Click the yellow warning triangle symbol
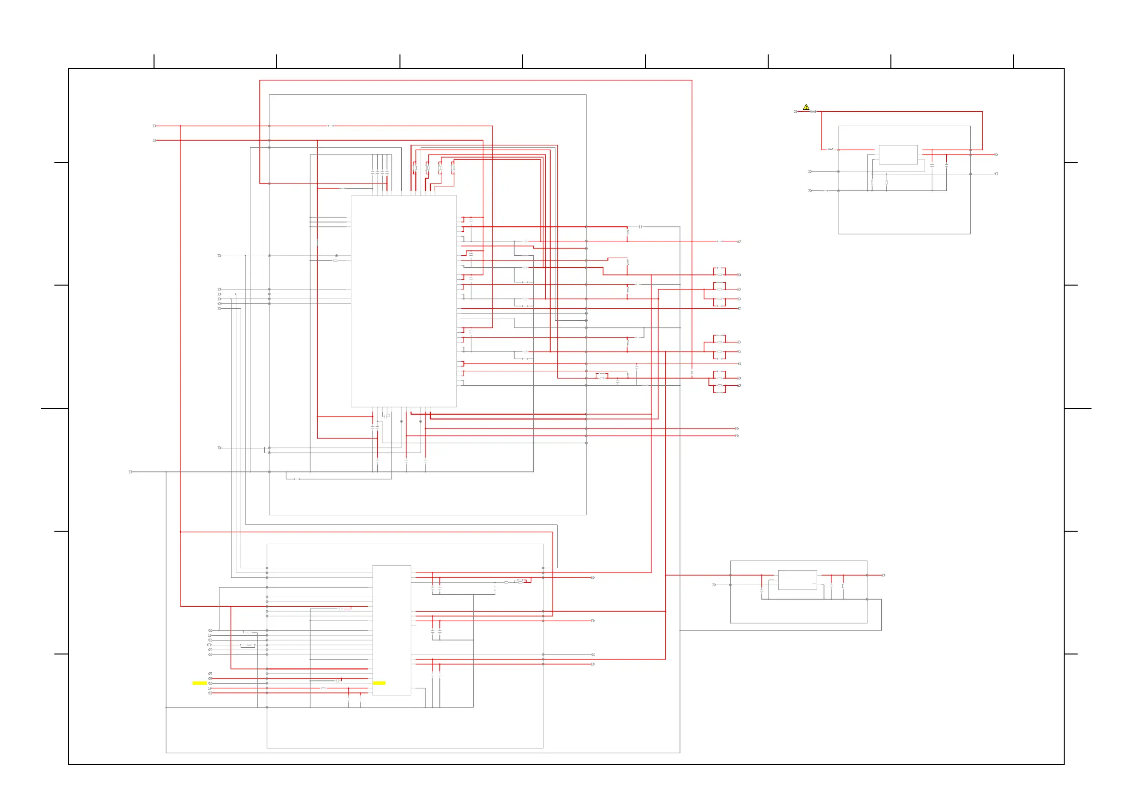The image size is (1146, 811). tap(806, 107)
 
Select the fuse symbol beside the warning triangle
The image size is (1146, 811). tap(813, 111)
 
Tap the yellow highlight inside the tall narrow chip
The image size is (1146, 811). tap(379, 683)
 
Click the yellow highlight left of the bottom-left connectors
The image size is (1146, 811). tap(200, 683)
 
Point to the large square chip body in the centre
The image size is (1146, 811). tap(403, 301)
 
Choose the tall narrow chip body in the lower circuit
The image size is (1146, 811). tap(392, 630)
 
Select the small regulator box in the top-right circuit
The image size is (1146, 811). tap(898, 155)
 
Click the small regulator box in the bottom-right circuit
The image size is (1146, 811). tap(798, 580)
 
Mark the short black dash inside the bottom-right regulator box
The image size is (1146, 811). tap(814, 584)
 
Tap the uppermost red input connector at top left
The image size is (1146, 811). tap(155, 126)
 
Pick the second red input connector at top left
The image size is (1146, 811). tap(155, 140)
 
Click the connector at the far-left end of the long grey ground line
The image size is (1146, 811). tap(131, 471)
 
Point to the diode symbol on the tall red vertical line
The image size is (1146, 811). tap(692, 373)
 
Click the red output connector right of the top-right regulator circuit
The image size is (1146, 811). tap(996, 155)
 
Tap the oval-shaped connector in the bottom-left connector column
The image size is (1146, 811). tap(210, 645)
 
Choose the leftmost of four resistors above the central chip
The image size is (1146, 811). tap(415, 168)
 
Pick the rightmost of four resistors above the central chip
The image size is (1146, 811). tap(453, 168)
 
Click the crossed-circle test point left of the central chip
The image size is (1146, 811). tap(336, 256)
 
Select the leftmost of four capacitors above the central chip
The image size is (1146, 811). tap(373, 173)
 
